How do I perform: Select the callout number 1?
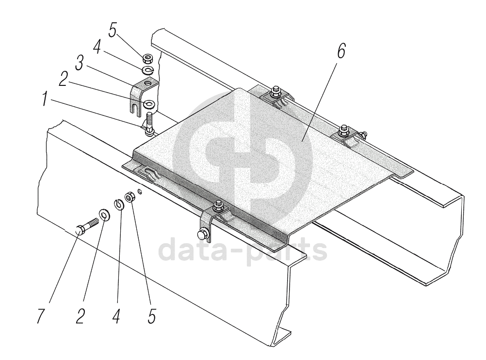coord(44,100)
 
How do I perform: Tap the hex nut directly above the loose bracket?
coord(147,59)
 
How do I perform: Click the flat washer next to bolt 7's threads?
coord(103,214)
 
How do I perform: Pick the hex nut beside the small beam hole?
coord(130,197)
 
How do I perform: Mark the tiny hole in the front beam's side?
coord(140,192)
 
